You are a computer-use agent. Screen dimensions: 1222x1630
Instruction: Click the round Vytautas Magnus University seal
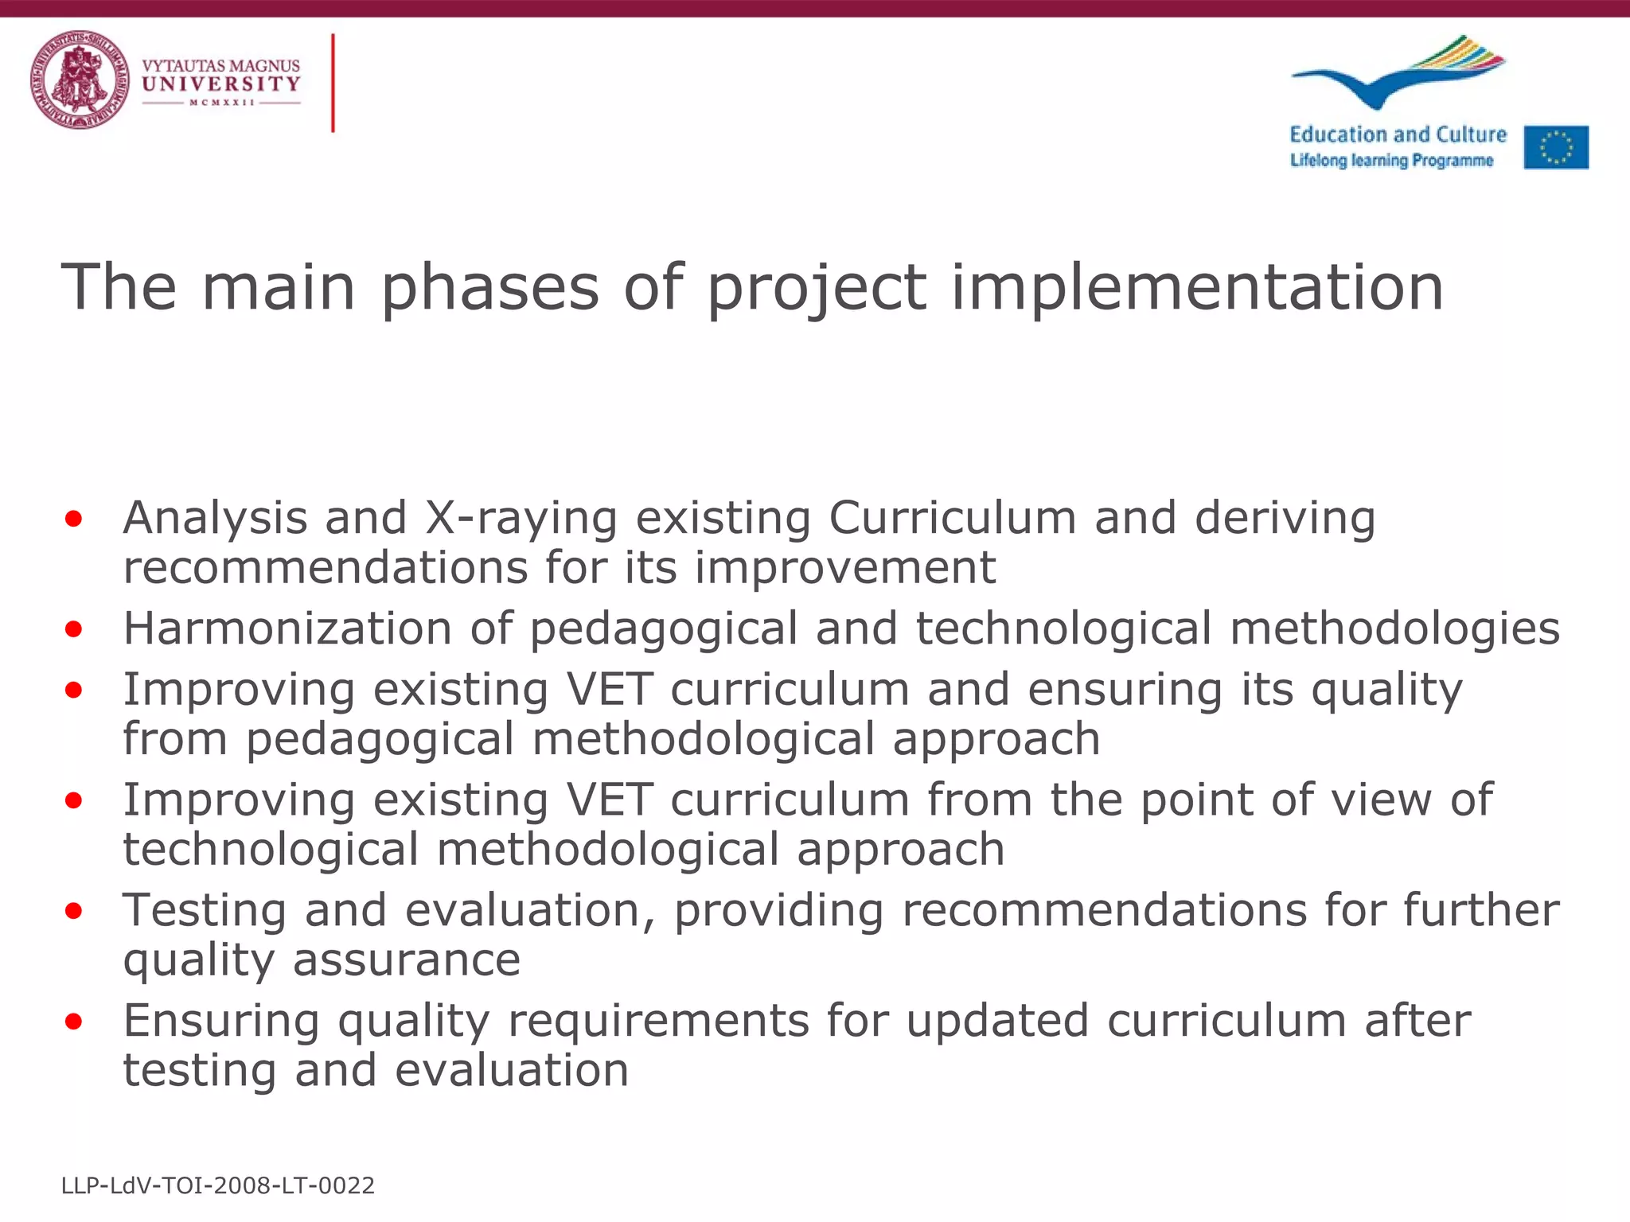80,80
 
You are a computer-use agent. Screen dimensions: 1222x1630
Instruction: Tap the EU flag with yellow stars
1556,147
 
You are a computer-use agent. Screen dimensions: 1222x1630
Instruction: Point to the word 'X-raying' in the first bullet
521,519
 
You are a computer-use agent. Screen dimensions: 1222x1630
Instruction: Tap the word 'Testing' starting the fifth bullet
205,910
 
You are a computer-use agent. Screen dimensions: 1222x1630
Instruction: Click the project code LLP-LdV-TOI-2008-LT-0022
218,1186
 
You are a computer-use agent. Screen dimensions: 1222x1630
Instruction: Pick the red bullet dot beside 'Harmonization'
74,630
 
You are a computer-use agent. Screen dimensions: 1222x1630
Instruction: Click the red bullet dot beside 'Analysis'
74,520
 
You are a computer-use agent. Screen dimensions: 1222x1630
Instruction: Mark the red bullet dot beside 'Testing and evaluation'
74,912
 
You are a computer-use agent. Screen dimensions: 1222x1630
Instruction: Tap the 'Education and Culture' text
1398,134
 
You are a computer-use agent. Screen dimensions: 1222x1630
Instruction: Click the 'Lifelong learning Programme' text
1391,161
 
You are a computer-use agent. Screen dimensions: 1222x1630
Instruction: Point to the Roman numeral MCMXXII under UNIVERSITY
221,103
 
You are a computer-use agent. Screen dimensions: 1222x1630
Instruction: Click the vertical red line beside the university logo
333,83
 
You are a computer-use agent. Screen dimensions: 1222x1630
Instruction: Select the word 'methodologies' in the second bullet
1394,629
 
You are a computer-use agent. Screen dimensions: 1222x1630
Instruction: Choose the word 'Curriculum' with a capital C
953,519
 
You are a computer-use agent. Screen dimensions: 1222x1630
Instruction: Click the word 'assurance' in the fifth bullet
407,960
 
